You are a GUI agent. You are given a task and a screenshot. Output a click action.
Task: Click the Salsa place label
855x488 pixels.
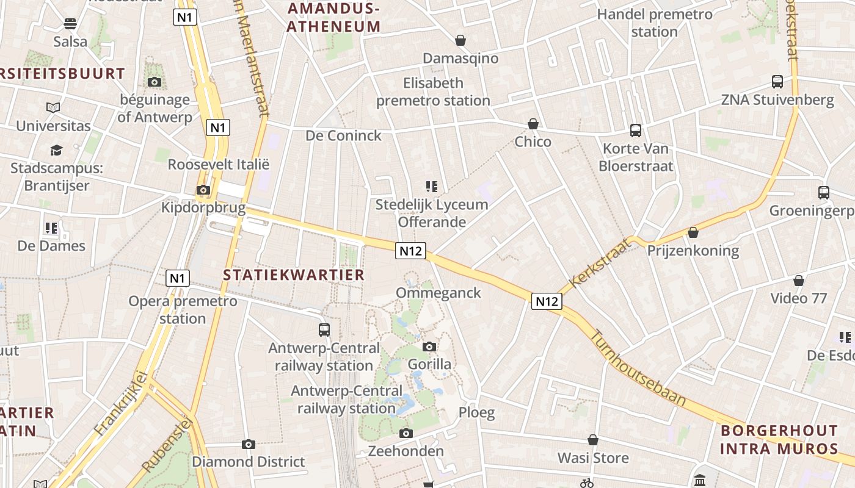click(70, 41)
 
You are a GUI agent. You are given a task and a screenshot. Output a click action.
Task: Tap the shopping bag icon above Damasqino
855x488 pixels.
click(460, 40)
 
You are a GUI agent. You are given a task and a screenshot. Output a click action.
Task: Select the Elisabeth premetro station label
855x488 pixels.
click(433, 91)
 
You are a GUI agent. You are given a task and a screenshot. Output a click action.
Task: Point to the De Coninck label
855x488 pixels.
click(344, 135)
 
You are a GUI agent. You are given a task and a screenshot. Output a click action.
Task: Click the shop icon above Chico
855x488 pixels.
click(533, 124)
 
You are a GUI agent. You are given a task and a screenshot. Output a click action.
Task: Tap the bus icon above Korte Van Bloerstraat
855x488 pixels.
click(636, 130)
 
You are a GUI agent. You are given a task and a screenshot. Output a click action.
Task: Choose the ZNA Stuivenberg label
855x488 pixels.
click(777, 99)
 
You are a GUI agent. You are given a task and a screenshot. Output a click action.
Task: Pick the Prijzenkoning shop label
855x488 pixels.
click(693, 250)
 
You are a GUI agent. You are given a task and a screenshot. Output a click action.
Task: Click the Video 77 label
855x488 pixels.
click(799, 298)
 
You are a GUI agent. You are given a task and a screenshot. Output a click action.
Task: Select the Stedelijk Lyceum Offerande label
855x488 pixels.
click(432, 213)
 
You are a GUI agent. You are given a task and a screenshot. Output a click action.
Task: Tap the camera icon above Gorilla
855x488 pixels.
click(429, 346)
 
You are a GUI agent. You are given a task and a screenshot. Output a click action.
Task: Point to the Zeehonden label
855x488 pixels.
click(406, 451)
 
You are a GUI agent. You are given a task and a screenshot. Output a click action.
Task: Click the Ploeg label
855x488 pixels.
click(477, 412)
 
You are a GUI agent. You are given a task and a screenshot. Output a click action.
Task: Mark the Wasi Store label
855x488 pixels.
click(593, 457)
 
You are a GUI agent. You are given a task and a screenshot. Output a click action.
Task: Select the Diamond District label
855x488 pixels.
click(249, 461)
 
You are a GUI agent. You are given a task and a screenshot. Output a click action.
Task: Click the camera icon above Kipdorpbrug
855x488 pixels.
click(203, 190)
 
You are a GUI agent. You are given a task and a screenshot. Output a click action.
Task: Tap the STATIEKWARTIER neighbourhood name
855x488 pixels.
click(294, 274)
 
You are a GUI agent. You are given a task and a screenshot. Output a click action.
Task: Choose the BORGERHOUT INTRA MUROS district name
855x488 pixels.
click(779, 439)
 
